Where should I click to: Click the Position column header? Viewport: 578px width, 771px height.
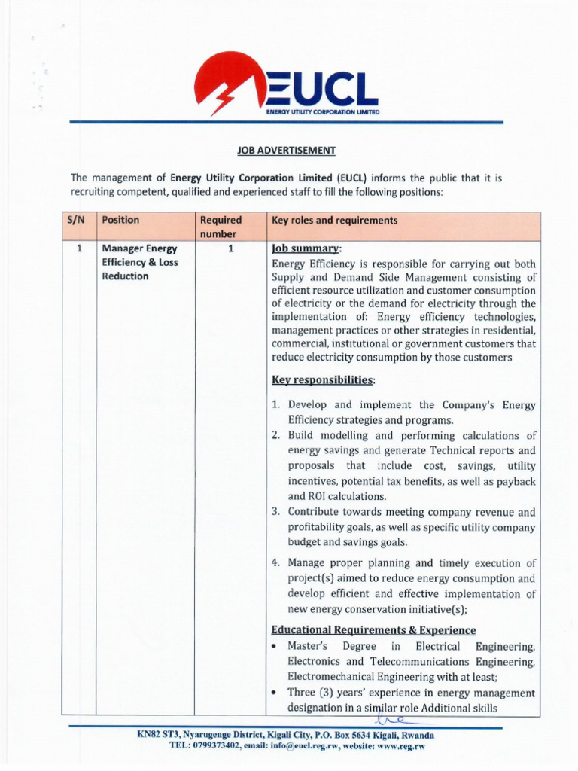(120, 221)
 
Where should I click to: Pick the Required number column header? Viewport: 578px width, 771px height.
(221, 227)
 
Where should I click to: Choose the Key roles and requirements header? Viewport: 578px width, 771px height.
(334, 221)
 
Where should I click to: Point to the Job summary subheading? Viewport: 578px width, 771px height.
(306, 248)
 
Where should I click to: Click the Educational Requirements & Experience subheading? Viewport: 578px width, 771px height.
(373, 630)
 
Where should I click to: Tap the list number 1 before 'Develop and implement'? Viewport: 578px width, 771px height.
(276, 405)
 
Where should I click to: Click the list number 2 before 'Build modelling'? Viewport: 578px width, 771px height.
(276, 436)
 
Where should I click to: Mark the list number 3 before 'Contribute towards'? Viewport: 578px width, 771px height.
(276, 512)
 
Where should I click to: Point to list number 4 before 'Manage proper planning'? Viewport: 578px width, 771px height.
(276, 563)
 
